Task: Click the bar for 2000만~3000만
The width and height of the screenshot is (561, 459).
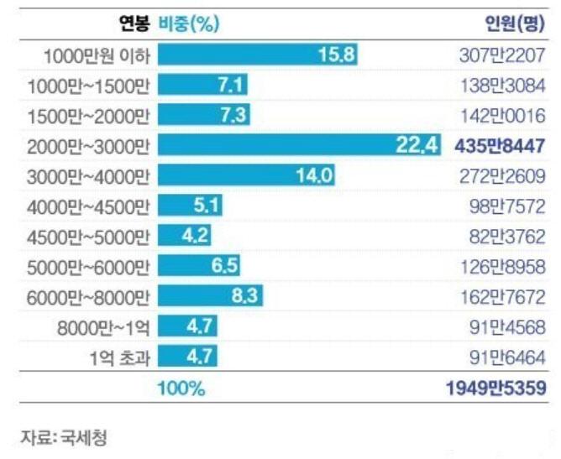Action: point(298,145)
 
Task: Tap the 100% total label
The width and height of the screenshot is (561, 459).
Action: point(181,389)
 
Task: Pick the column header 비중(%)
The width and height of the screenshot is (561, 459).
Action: point(189,23)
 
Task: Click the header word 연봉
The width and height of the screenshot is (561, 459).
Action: point(134,23)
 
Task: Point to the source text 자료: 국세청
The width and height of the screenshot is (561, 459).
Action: point(65,437)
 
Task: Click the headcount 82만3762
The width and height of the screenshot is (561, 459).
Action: point(508,236)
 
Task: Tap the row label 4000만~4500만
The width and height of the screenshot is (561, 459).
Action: point(88,206)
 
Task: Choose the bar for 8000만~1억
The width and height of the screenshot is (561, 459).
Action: point(188,326)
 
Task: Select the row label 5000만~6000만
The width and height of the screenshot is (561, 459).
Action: point(88,266)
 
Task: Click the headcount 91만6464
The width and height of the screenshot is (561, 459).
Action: point(508,357)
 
